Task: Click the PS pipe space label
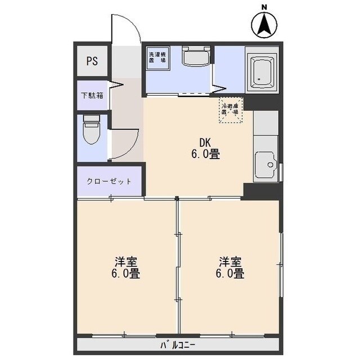[x=92, y=61]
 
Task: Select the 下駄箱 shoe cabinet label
[x=92, y=96]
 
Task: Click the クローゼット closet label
[x=109, y=182]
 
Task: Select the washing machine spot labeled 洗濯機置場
[x=157, y=57]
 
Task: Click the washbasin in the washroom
[x=196, y=56]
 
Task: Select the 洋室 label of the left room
[x=127, y=262]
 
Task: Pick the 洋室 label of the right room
[x=231, y=262]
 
